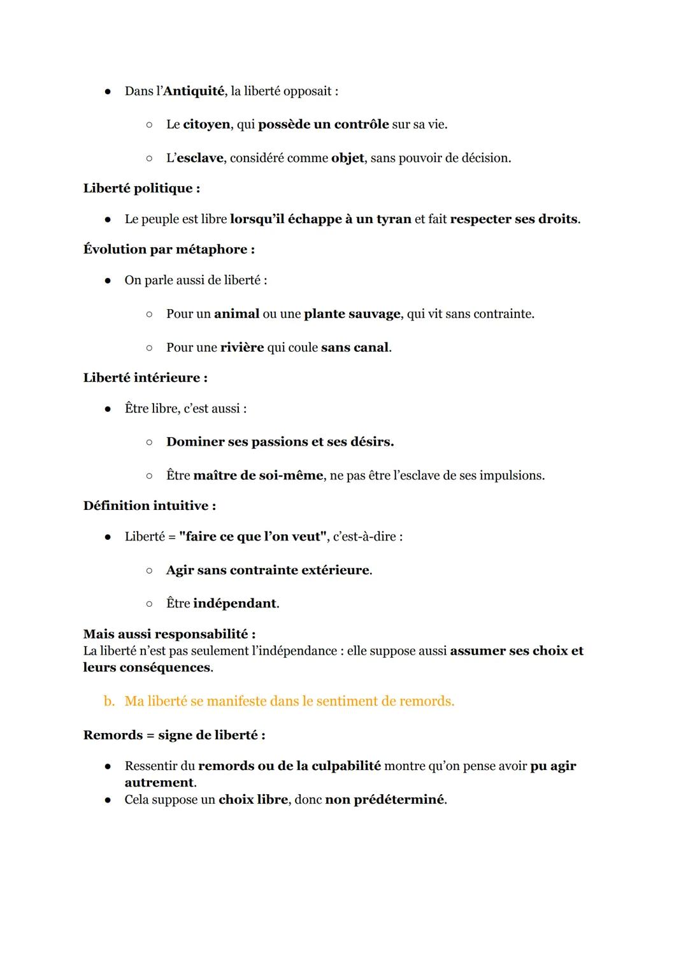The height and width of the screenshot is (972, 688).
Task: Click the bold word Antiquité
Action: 194,91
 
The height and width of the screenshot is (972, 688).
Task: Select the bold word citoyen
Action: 206,124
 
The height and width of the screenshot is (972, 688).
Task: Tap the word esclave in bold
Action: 199,158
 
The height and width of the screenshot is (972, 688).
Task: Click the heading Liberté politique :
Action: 141,188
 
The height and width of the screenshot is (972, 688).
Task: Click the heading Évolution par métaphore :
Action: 169,249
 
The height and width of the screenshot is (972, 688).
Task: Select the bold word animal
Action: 236,314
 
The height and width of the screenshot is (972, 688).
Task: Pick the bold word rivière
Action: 241,347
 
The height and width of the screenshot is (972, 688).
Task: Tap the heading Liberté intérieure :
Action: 145,378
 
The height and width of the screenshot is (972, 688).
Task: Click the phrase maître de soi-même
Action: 257,475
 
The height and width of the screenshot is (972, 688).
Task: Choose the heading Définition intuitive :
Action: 149,506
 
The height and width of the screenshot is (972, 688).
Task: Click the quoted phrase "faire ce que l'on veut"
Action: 254,537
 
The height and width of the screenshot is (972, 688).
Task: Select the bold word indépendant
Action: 235,604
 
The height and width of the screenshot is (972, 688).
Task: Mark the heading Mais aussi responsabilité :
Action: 169,634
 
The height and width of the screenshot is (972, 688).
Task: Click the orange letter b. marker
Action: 109,701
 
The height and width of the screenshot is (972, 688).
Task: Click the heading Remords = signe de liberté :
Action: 174,736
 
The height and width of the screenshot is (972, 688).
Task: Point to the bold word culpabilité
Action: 346,766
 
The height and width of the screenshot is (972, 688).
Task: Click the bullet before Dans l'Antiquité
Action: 108,92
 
